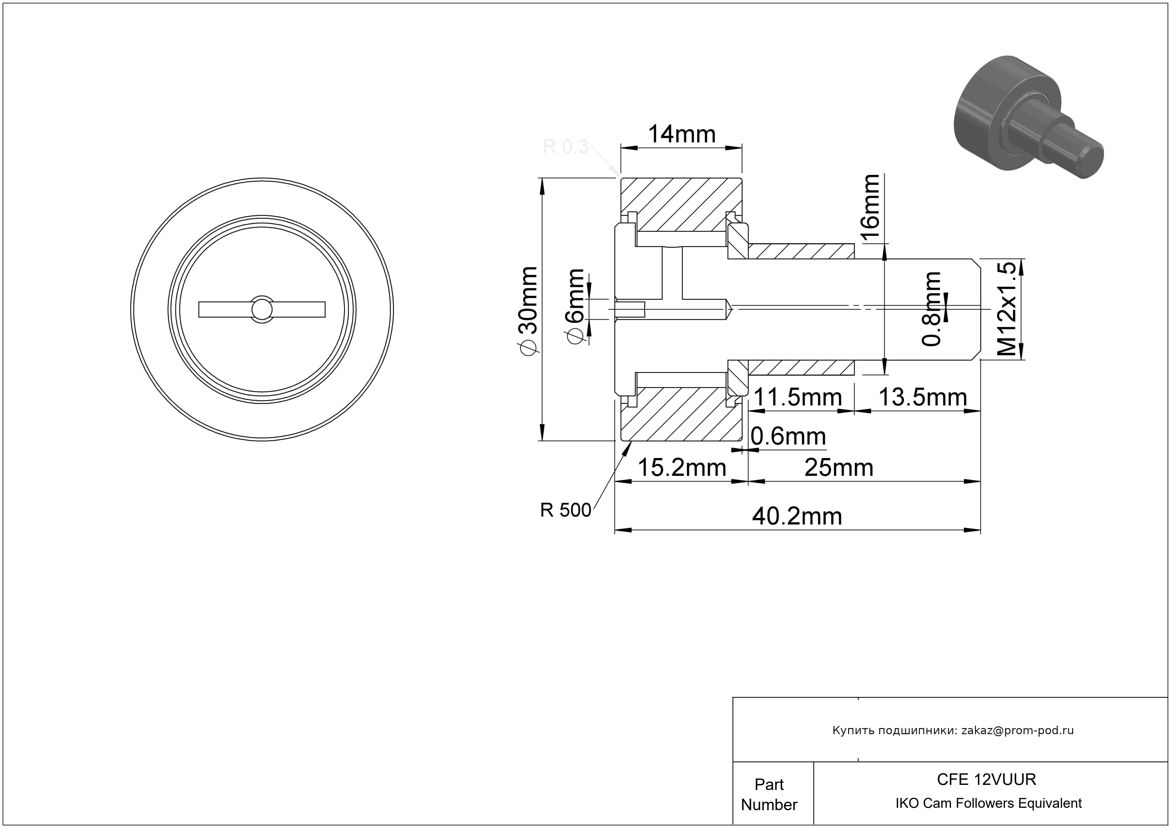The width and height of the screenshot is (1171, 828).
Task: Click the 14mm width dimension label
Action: tap(681, 134)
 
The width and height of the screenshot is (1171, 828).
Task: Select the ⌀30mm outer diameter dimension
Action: tap(528, 310)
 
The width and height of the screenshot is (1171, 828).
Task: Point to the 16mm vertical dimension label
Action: tap(870, 207)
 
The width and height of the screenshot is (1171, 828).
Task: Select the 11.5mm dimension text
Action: tap(797, 397)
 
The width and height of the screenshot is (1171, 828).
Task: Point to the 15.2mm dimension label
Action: tap(682, 467)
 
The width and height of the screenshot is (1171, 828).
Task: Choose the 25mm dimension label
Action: tap(838, 467)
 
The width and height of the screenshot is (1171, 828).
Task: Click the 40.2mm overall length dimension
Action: tap(797, 516)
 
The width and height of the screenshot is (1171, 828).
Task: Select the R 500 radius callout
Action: tap(565, 510)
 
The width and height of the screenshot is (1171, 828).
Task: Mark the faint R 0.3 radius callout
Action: tap(565, 147)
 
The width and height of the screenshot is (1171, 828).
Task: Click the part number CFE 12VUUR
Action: tap(986, 779)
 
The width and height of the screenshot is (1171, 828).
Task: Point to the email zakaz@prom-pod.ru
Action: tap(1017, 730)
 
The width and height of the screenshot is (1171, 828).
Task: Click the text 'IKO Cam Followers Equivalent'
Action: tap(988, 803)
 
